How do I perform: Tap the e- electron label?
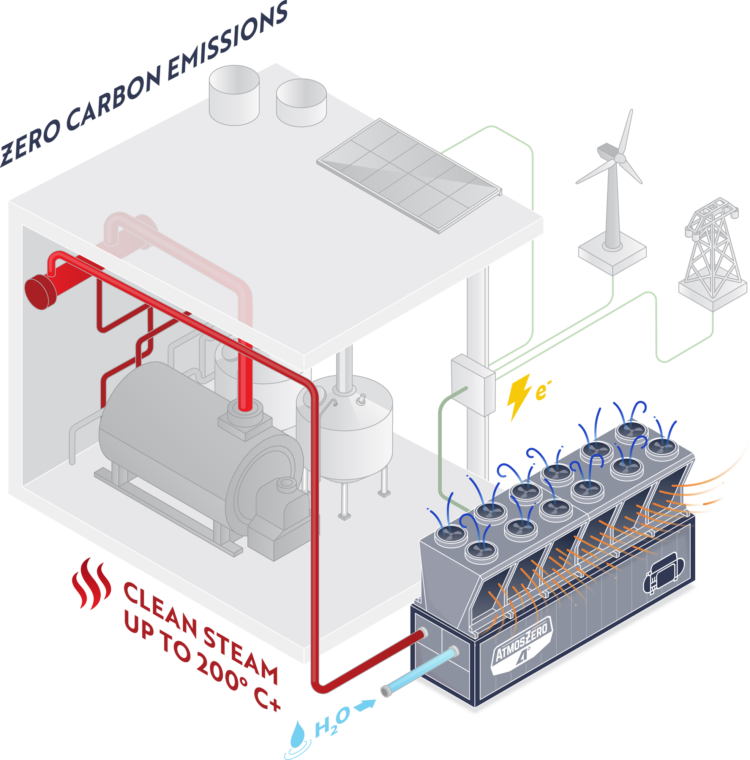[x=542, y=390]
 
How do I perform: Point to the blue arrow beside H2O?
[x=365, y=705]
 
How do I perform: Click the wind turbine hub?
[x=619, y=158]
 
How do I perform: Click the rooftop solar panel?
[x=409, y=175]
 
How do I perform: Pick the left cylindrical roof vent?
[x=234, y=95]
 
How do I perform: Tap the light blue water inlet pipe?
[x=420, y=671]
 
